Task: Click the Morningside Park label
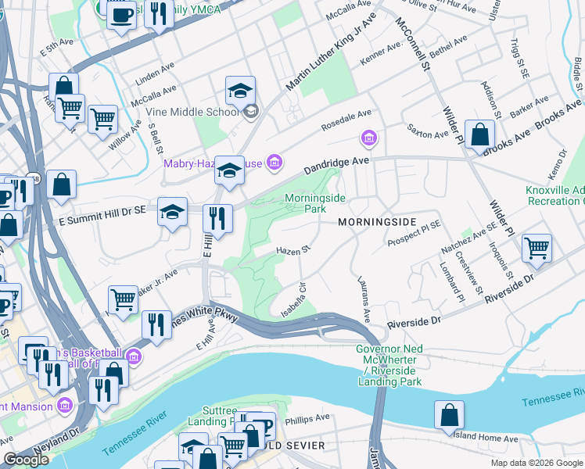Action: (x=314, y=204)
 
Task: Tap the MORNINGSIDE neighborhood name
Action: (x=375, y=223)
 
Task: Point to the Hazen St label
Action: (x=293, y=250)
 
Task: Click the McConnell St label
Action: (x=413, y=47)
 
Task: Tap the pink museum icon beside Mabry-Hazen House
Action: (x=274, y=163)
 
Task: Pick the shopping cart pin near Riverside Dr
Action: (x=537, y=249)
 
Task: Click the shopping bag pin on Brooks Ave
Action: (x=479, y=134)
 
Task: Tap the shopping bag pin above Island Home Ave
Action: (x=450, y=415)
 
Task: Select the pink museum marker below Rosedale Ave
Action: (x=368, y=139)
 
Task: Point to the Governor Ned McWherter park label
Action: (x=389, y=365)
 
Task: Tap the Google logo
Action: (x=26, y=460)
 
